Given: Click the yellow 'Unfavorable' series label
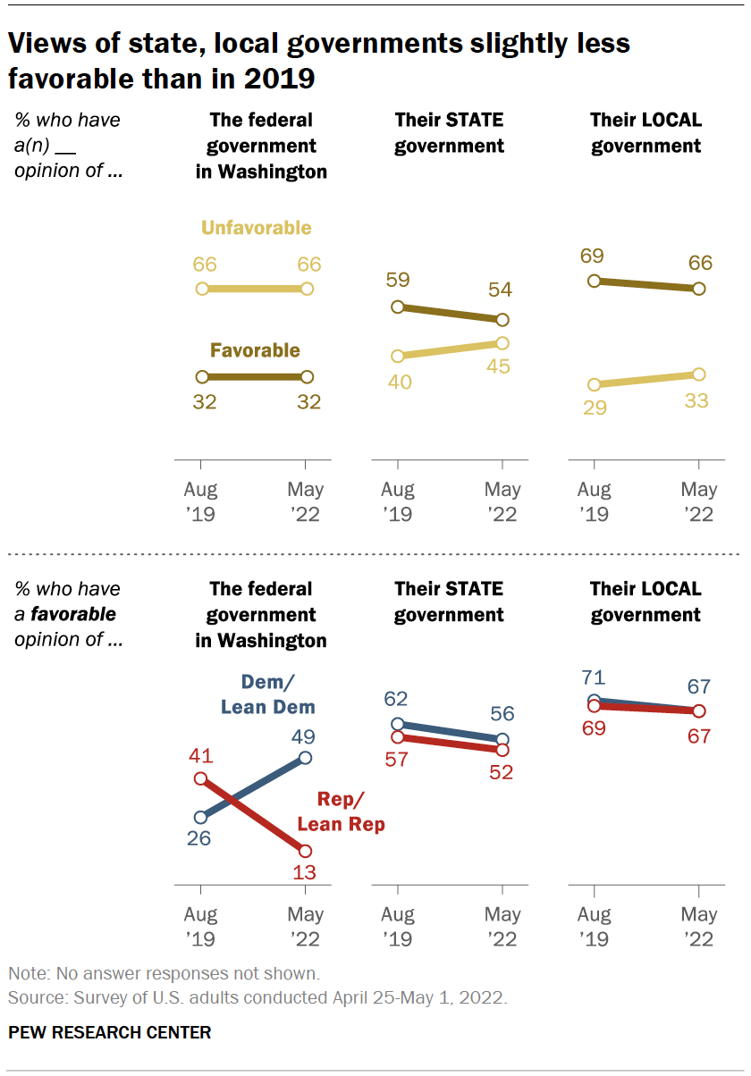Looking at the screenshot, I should click(256, 228).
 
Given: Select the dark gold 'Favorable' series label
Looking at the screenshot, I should click(255, 351).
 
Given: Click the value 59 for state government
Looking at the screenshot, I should click(398, 280).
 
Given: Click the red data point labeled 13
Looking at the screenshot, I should click(306, 851).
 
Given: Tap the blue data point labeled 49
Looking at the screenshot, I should click(306, 758).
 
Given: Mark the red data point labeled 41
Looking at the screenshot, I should click(201, 778).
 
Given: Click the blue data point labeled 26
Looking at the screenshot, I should click(201, 817).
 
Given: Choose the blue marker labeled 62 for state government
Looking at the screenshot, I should click(398, 724).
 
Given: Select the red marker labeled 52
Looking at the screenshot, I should click(502, 749).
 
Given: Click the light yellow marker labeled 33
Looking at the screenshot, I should click(698, 374).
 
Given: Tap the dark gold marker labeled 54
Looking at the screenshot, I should click(502, 320).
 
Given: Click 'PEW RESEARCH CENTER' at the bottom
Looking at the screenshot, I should click(110, 1032).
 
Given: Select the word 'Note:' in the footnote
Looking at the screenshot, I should click(28, 973).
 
